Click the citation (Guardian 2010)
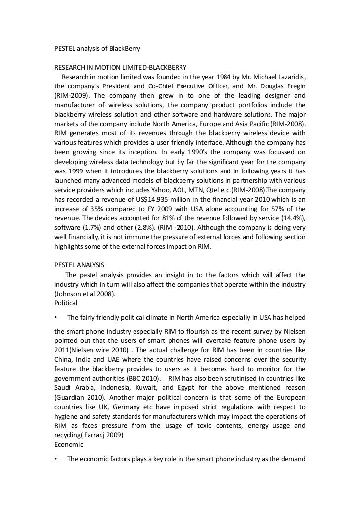pos(78,397)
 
